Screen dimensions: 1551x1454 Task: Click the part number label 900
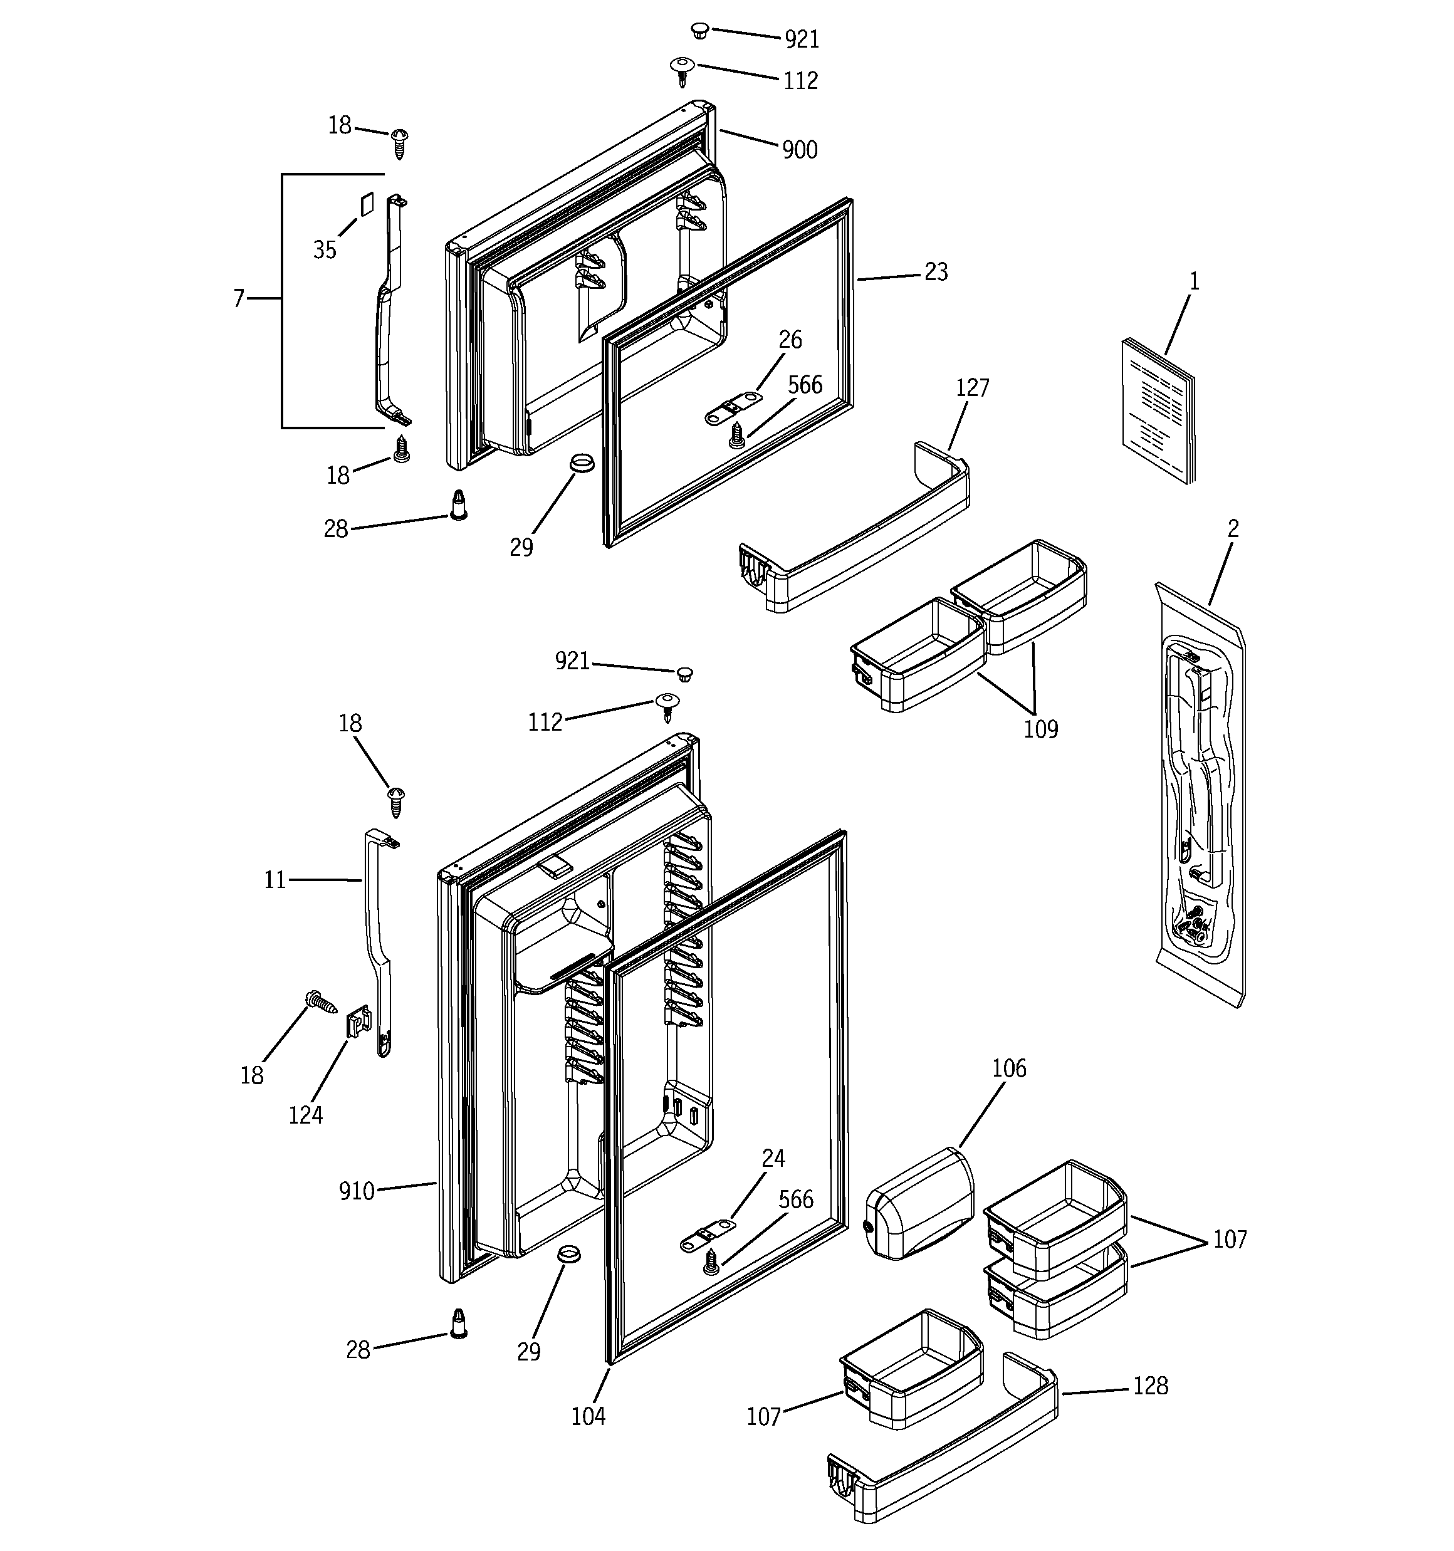(799, 150)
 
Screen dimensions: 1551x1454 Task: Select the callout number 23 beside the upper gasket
(936, 271)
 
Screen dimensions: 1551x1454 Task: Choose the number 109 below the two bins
(1040, 729)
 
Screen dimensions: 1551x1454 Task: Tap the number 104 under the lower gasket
(588, 1416)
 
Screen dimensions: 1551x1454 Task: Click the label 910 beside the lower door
(357, 1191)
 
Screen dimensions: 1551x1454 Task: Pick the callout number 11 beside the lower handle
(275, 880)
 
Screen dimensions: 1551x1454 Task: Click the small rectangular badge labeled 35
(367, 204)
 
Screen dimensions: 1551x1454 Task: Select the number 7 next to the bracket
(239, 298)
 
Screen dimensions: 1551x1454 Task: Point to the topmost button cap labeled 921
(700, 31)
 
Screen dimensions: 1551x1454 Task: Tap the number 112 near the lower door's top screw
(545, 723)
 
